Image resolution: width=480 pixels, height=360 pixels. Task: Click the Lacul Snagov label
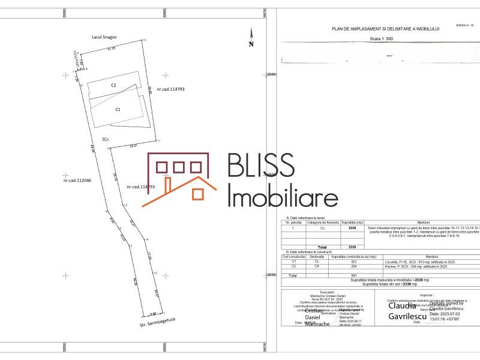pos(104,37)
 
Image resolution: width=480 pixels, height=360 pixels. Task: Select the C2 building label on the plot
pos(113,86)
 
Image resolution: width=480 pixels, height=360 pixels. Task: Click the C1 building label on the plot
pos(118,110)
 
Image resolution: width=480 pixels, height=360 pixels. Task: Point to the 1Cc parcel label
pos(105,139)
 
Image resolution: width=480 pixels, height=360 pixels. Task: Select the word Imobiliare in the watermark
pos(283,196)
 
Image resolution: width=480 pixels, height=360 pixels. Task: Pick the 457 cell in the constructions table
pos(353,262)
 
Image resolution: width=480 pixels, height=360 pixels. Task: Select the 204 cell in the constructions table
pos(353,266)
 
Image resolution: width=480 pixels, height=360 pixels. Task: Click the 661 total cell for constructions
pos(353,275)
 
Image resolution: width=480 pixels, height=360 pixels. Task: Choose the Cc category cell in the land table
pos(323,229)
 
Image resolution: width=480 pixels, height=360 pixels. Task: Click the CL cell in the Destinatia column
pos(317,262)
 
